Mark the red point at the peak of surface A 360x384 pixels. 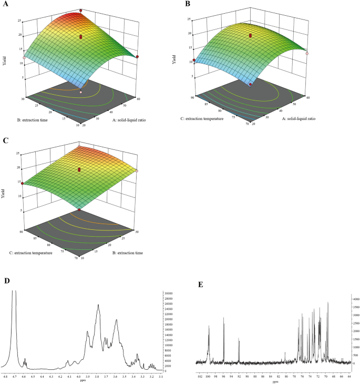81,11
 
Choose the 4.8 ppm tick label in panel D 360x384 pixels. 5,377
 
